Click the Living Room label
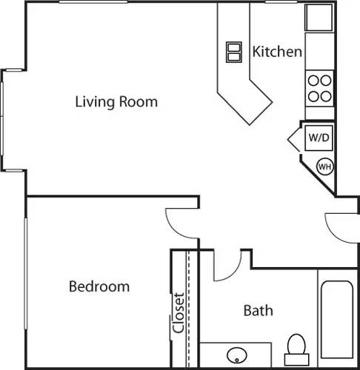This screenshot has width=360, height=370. click(116, 101)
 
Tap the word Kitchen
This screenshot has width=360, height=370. click(277, 52)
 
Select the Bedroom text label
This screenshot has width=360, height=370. click(99, 286)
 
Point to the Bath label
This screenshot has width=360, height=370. click(258, 310)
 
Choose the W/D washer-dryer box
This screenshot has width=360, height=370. click(319, 138)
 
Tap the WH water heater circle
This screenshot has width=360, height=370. click(324, 166)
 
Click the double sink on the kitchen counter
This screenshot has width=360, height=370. click(234, 52)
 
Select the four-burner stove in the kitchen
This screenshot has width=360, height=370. click(320, 88)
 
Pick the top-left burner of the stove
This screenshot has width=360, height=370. click(314, 81)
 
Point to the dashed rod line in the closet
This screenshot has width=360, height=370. click(189, 303)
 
